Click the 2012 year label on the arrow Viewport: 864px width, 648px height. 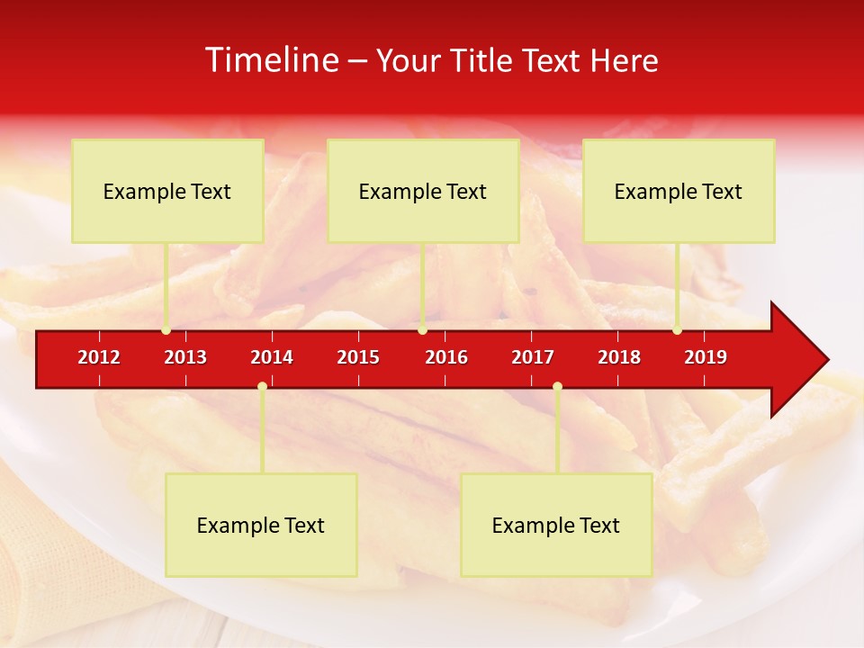[99, 357]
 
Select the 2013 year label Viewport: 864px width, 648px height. [185, 357]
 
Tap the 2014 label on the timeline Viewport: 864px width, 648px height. [272, 357]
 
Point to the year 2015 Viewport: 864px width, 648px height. [358, 357]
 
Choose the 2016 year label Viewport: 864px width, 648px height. [446, 357]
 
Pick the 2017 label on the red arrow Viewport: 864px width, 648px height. [533, 357]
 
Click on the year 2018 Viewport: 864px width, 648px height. [619, 357]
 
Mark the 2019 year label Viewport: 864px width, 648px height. [706, 357]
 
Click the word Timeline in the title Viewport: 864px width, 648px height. [271, 60]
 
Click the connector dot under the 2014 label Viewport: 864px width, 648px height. [262, 387]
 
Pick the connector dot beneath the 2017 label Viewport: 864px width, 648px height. [557, 387]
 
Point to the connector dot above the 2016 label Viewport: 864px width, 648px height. [422, 330]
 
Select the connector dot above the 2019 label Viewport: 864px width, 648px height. [678, 330]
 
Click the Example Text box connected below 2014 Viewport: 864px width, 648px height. [261, 525]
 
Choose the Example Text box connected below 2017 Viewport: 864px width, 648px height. [556, 525]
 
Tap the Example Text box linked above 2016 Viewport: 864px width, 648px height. [423, 191]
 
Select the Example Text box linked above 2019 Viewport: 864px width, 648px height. [679, 191]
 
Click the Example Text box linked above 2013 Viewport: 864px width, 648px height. [167, 191]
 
